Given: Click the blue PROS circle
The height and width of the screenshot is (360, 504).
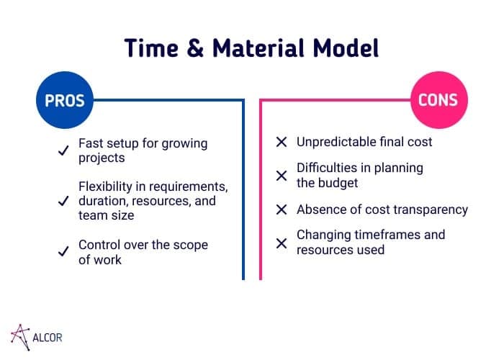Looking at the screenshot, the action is pyautogui.click(x=65, y=100).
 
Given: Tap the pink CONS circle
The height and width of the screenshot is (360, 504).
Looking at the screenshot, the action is pyautogui.click(x=439, y=100).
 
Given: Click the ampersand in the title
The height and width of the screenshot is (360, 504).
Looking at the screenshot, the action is pyautogui.click(x=195, y=48).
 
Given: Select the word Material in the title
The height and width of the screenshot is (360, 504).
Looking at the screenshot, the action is pyautogui.click(x=258, y=48).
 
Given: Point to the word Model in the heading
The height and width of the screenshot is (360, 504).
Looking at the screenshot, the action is pyautogui.click(x=346, y=48).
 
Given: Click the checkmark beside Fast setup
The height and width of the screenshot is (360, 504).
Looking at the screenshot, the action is pyautogui.click(x=63, y=150).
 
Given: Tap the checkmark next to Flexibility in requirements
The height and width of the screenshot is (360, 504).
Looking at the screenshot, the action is pyautogui.click(x=63, y=201).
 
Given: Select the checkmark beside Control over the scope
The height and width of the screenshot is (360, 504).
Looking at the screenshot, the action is pyautogui.click(x=63, y=251).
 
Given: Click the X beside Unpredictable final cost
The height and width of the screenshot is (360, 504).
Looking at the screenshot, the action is pyautogui.click(x=282, y=142).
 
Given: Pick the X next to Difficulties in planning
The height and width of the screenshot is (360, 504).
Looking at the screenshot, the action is pyautogui.click(x=282, y=176).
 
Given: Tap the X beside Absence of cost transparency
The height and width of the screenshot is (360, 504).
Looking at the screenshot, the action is pyautogui.click(x=282, y=210).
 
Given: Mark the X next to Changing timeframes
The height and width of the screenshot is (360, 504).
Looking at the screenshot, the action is pyautogui.click(x=282, y=243).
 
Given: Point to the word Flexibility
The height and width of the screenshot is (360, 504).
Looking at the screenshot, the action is pyautogui.click(x=105, y=186).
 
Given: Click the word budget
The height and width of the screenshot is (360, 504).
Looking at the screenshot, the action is pyautogui.click(x=338, y=183).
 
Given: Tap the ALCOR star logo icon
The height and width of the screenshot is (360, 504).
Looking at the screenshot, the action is pyautogui.click(x=20, y=337).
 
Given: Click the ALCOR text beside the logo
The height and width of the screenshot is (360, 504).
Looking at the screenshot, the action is pyautogui.click(x=48, y=338).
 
